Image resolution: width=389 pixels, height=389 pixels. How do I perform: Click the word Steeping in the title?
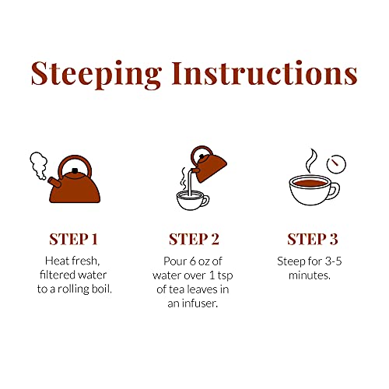(96, 75)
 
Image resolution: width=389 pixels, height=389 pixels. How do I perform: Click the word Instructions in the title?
(265, 73)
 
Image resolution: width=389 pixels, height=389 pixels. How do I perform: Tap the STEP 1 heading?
(73, 239)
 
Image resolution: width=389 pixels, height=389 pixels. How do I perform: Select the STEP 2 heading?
(194, 239)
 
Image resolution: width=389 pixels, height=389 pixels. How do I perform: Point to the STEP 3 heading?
(313, 239)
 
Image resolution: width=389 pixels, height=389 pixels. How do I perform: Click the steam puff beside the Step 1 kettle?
(39, 166)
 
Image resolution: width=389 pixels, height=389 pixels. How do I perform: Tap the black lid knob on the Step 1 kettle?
(75, 170)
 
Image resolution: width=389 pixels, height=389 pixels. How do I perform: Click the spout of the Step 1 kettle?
(54, 182)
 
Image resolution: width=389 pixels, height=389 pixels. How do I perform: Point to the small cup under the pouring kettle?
(192, 200)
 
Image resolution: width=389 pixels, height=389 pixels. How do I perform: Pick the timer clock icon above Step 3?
(336, 164)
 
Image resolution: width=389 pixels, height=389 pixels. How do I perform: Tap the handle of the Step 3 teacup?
(335, 191)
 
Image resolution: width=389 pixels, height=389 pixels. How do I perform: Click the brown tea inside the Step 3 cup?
(310, 183)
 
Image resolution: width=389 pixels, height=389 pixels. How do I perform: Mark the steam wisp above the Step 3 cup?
(311, 161)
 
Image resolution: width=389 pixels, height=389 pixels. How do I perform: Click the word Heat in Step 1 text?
(56, 261)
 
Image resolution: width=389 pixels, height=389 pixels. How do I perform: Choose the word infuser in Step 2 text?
(199, 303)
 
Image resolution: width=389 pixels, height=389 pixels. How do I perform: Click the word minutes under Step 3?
(310, 275)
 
